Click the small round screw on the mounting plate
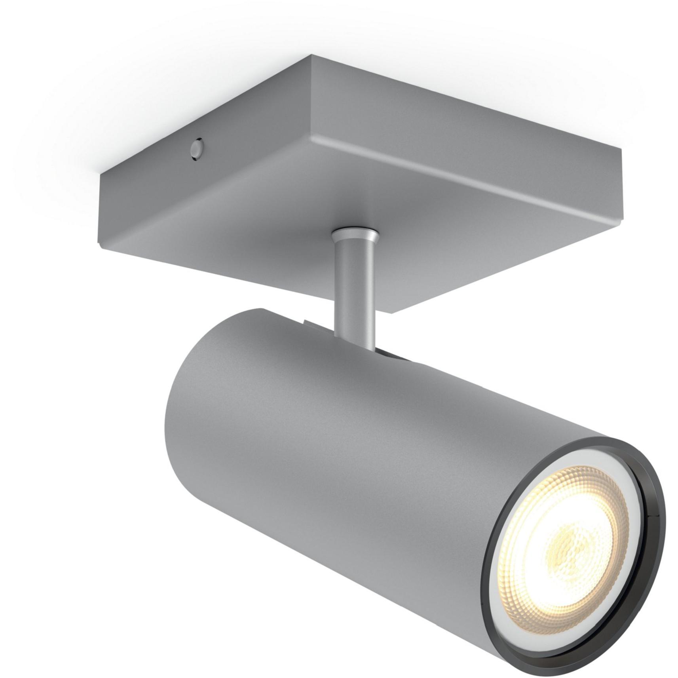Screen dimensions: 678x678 (x=196, y=149)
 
